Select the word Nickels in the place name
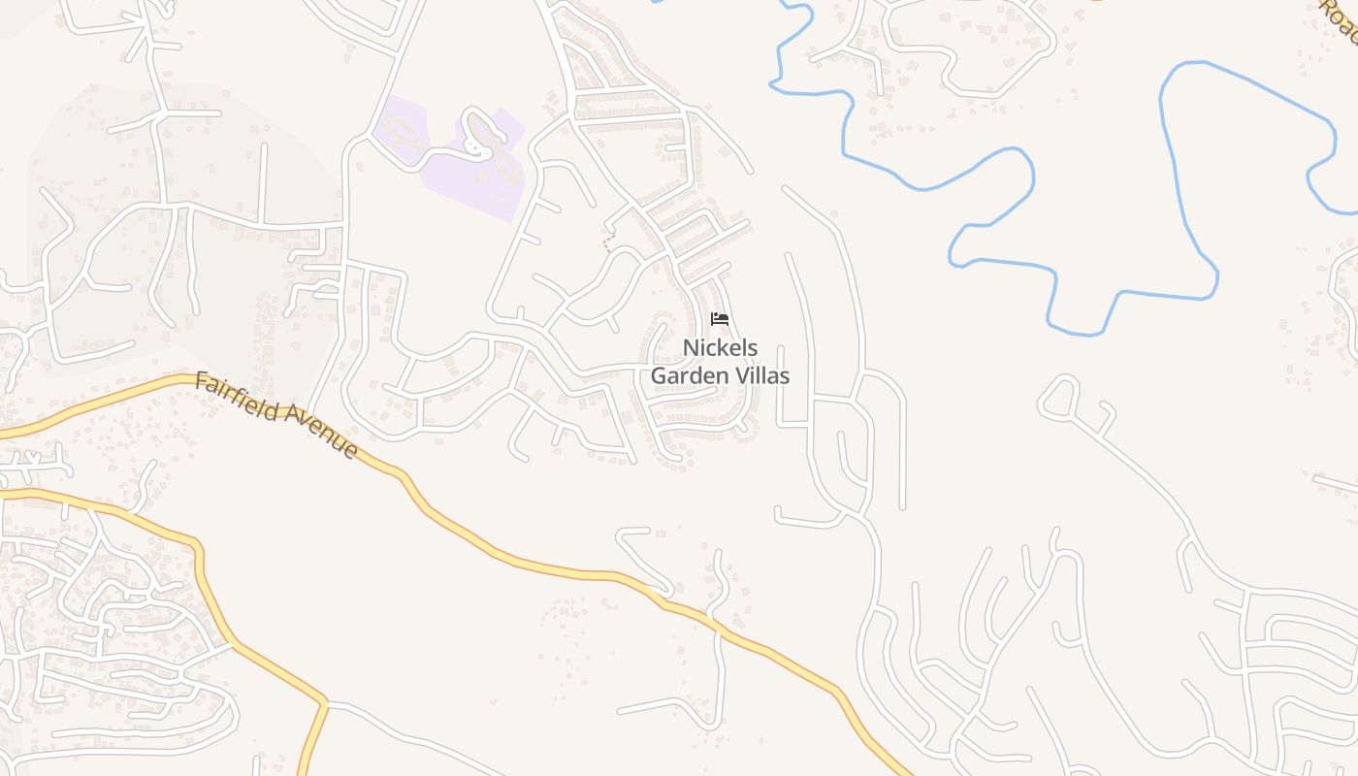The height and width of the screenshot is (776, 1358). pyautogui.click(x=720, y=348)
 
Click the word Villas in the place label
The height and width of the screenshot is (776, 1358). pyautogui.click(x=760, y=375)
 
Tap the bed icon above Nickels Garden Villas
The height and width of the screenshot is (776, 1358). pyautogui.click(x=720, y=319)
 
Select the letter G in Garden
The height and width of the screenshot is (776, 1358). pyautogui.click(x=659, y=375)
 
